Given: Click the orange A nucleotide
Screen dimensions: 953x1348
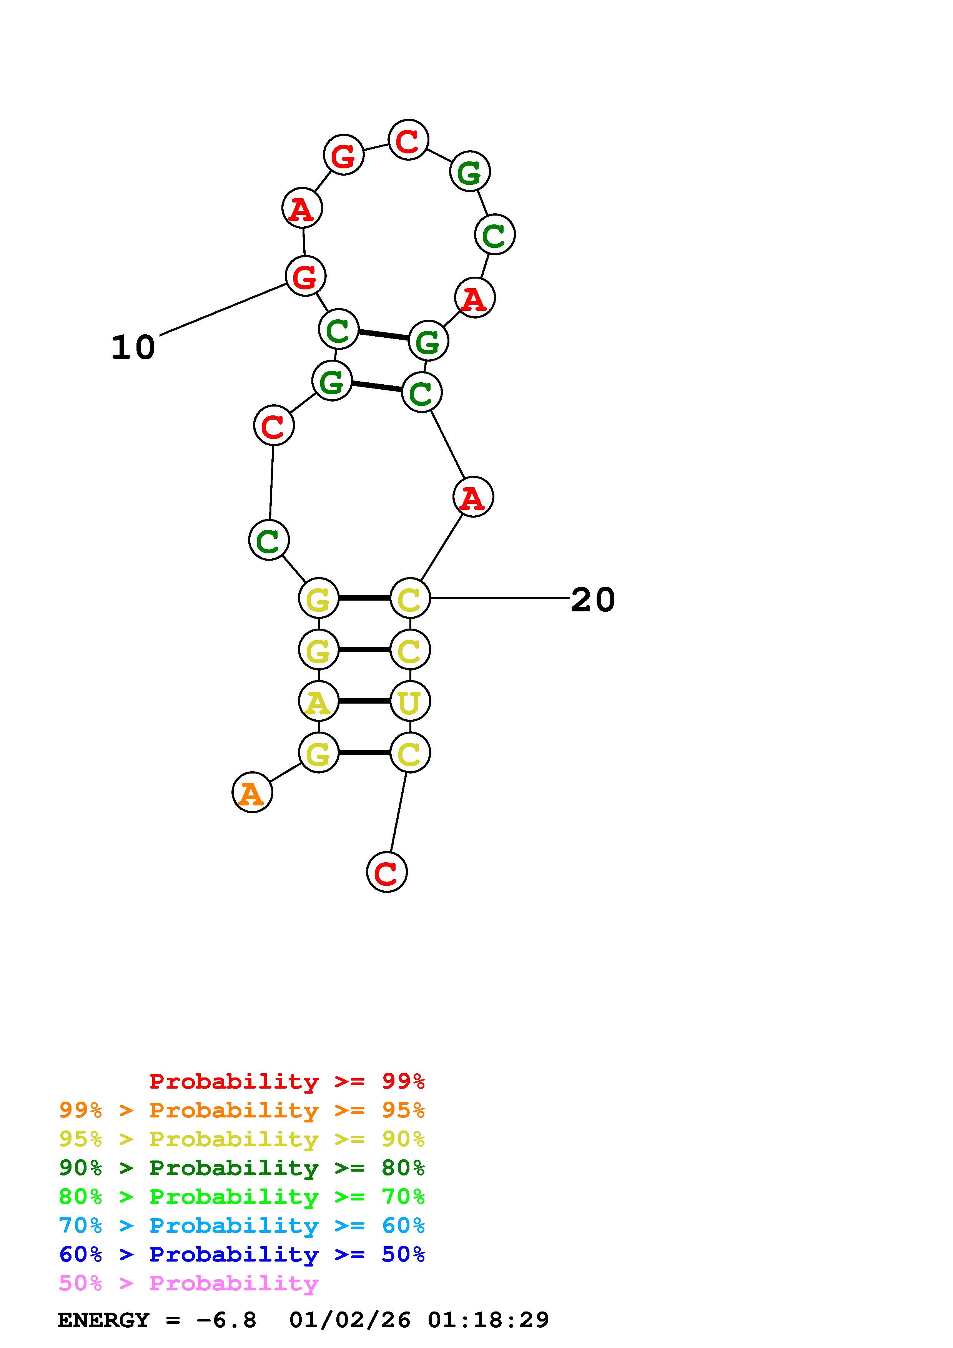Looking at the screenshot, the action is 252,793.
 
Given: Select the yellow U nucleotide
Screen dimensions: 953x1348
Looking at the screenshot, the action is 410,701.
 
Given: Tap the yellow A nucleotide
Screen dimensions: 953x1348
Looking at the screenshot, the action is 318,701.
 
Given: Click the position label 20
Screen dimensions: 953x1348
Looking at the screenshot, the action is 592,600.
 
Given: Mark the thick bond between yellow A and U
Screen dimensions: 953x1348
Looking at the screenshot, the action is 364,701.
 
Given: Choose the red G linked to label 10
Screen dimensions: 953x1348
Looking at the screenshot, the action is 305,276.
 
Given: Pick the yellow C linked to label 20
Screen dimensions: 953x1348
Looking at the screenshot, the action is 410,598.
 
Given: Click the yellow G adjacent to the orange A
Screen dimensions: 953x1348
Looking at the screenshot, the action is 318,753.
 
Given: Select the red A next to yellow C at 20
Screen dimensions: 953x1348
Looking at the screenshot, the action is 473,497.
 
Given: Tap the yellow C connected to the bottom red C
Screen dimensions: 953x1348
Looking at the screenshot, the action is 410,753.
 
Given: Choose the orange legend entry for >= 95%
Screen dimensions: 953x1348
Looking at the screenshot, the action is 242,1110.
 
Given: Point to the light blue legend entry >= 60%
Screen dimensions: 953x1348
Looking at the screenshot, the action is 242,1225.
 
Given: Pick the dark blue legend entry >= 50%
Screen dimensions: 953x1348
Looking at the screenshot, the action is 242,1254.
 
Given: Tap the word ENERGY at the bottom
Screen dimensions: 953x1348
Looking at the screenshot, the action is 103,1320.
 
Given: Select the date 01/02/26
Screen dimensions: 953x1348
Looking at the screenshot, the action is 350,1320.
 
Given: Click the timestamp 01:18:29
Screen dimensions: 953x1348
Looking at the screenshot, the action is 489,1320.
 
